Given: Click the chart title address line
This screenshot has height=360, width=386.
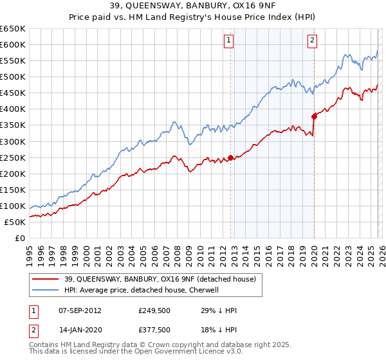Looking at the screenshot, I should (x=193, y=7).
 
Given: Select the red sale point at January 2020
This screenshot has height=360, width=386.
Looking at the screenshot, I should (x=314, y=116).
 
